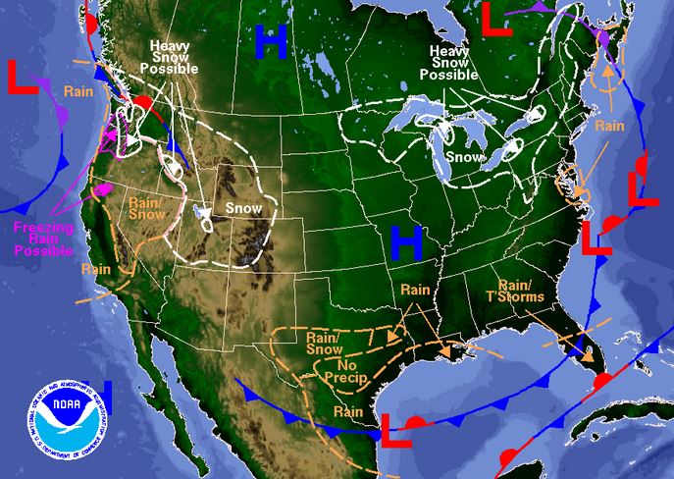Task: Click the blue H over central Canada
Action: click(x=271, y=40)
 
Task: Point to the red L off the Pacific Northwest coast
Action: click(x=23, y=77)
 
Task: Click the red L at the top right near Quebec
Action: click(x=498, y=20)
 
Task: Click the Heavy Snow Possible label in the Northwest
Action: click(x=175, y=56)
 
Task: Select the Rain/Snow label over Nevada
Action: click(x=147, y=208)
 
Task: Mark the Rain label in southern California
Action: click(x=96, y=268)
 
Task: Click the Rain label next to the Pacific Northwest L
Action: click(x=78, y=90)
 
